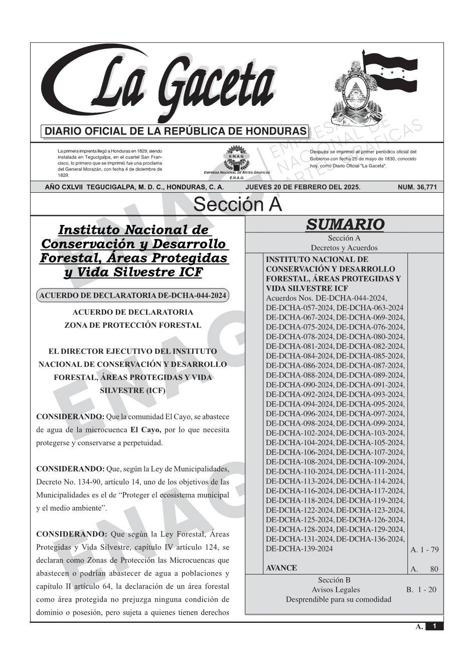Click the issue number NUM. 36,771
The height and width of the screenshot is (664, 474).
(417, 187)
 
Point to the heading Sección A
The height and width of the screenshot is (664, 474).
(237, 205)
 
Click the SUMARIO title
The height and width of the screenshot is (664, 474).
(345, 224)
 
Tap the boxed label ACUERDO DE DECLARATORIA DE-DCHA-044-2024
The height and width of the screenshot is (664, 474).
(132, 296)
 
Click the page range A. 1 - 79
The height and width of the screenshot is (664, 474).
(424, 550)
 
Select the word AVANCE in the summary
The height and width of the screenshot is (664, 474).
(281, 568)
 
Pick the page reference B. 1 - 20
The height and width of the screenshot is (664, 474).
(421, 590)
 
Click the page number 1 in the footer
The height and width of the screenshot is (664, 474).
(434, 626)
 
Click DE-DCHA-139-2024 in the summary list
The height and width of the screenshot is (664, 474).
(299, 549)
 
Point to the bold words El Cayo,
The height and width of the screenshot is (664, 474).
(145, 430)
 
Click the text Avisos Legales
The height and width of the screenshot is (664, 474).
(336, 590)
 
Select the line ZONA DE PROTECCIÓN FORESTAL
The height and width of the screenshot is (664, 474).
(132, 325)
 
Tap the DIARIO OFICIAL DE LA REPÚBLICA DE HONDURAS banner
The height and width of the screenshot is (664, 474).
(176, 131)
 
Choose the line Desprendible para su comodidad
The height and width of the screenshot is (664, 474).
(339, 599)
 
